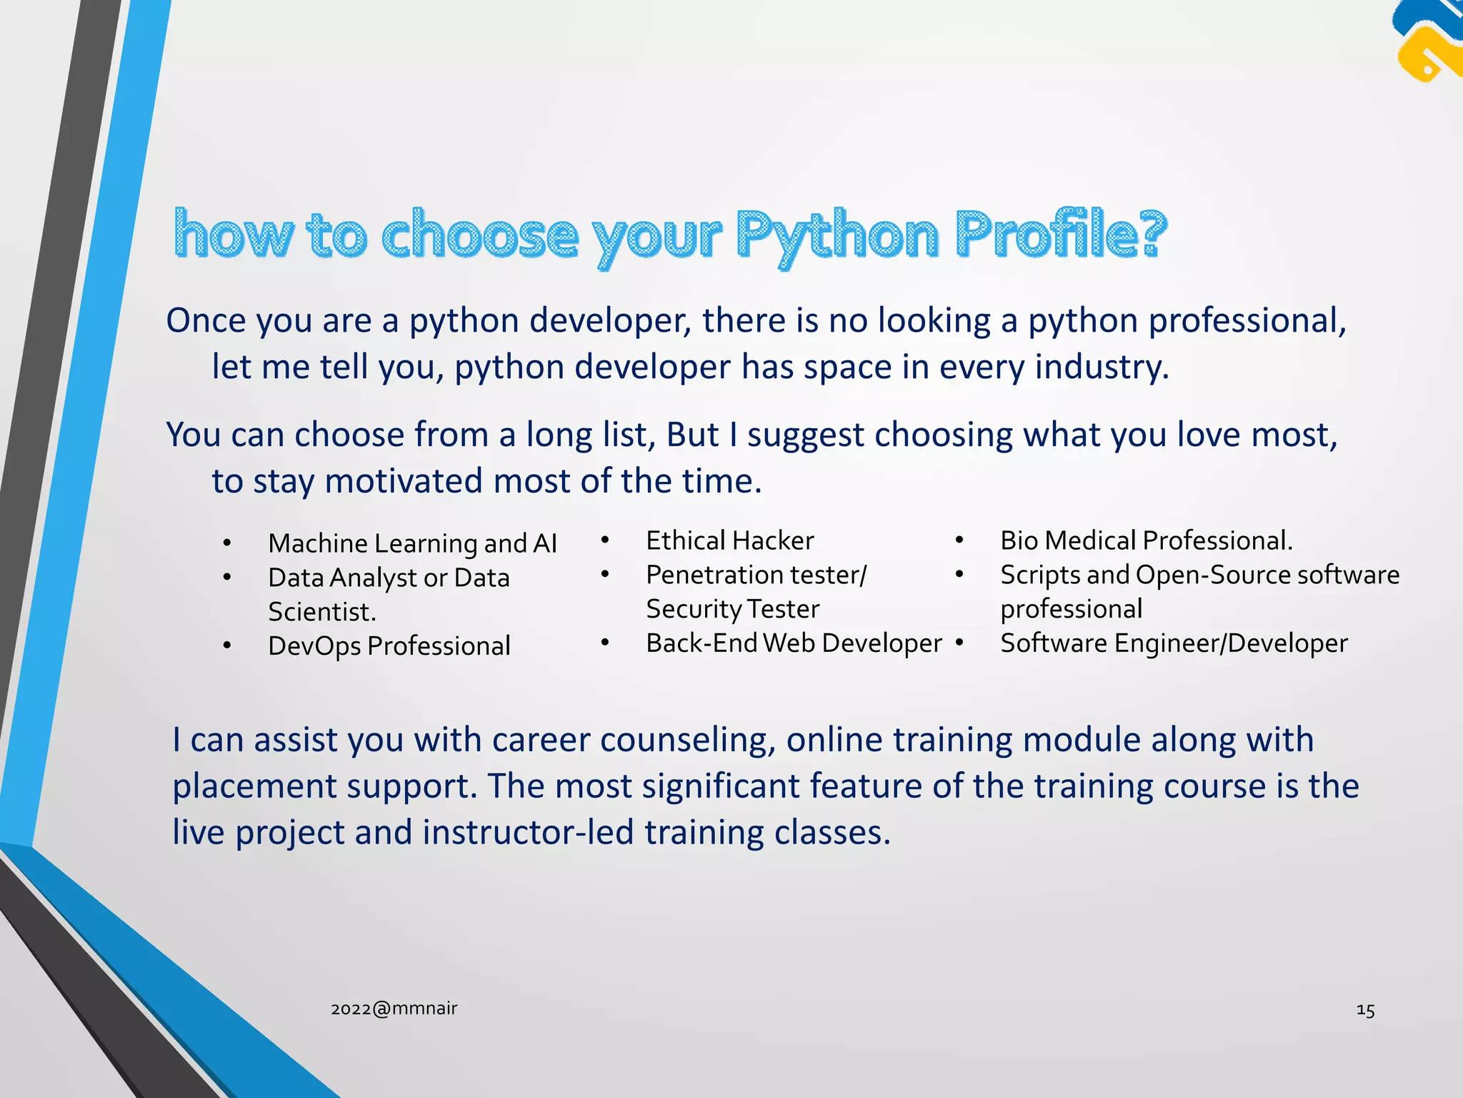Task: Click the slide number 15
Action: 1365,1009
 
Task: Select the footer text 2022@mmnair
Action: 394,1008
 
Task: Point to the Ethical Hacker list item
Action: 729,540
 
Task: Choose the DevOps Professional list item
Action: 389,646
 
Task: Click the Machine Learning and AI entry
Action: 412,543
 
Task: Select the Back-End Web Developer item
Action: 794,643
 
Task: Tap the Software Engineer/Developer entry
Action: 1174,643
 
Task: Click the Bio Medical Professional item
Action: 1146,540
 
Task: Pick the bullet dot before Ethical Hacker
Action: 604,540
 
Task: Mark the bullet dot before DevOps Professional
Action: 226,646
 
